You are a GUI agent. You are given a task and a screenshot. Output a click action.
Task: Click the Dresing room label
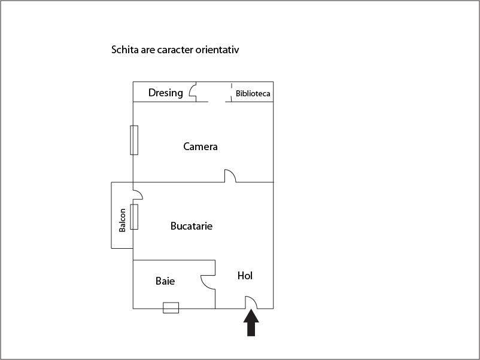point(166,93)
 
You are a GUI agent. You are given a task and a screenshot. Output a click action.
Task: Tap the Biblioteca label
point(253,93)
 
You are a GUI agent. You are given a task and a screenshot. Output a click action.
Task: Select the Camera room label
point(200,147)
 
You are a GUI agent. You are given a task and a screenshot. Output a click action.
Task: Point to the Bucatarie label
point(192,226)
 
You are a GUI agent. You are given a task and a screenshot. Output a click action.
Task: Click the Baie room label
point(165,281)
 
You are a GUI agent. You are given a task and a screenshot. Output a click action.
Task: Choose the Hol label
point(245,276)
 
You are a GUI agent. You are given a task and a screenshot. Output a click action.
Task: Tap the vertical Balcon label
point(122,220)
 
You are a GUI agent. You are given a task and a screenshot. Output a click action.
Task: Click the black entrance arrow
point(251,323)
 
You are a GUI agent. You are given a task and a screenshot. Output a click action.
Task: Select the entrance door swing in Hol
point(254,300)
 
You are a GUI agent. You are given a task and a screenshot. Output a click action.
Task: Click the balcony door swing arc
point(140,193)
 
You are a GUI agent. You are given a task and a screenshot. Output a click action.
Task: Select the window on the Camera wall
point(134,140)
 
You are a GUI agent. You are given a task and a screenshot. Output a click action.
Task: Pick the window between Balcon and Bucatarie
point(134,217)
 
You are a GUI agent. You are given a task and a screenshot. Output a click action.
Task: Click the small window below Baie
point(171,308)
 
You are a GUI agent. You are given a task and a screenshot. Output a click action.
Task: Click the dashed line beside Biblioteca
point(232,92)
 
